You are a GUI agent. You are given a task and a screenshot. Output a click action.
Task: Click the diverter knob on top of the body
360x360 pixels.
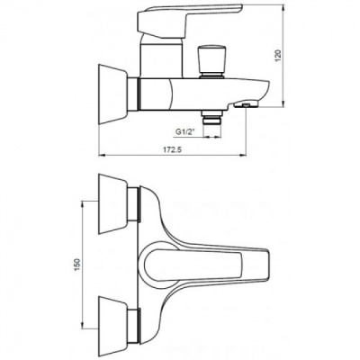click(212, 61)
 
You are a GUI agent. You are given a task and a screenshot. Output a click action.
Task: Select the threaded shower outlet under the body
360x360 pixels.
click(212, 118)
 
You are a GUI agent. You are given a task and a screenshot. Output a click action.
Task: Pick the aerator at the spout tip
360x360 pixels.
click(246, 104)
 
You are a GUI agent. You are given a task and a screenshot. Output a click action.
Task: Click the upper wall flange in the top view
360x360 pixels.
click(113, 204)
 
